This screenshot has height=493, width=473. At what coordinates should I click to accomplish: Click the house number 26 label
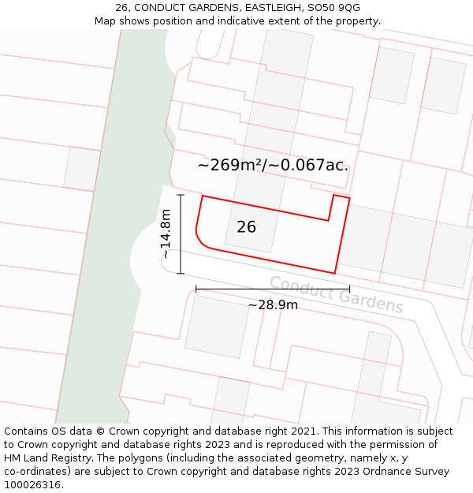tap(246, 227)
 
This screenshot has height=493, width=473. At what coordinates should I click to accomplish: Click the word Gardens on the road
tap(370, 302)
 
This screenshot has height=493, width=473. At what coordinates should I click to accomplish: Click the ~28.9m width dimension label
tap(273, 305)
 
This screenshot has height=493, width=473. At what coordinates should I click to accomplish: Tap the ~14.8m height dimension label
tap(166, 233)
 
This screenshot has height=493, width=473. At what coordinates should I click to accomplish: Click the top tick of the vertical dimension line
tap(181, 195)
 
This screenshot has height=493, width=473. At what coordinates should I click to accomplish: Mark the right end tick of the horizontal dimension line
tap(349, 289)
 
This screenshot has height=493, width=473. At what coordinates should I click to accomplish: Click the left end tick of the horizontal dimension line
tap(196, 289)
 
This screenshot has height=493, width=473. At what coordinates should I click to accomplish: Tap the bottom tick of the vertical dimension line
tap(181, 274)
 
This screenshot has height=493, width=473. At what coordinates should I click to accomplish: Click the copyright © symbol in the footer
tap(100, 431)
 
